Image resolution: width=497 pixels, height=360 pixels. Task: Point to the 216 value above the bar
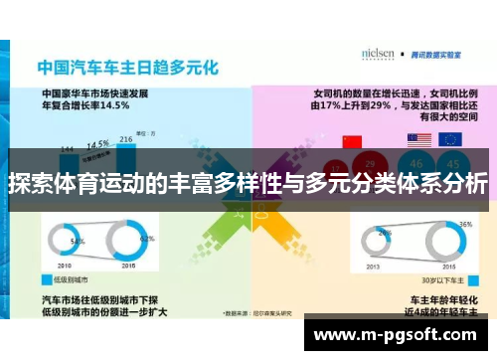click(126, 139)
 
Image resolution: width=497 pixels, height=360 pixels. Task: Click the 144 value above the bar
click(67, 149)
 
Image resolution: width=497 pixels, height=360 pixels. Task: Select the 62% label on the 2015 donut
click(149, 239)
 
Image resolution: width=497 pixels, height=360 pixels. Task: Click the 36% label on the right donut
click(465, 225)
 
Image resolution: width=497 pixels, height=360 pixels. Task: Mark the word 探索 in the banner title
click(31, 184)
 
